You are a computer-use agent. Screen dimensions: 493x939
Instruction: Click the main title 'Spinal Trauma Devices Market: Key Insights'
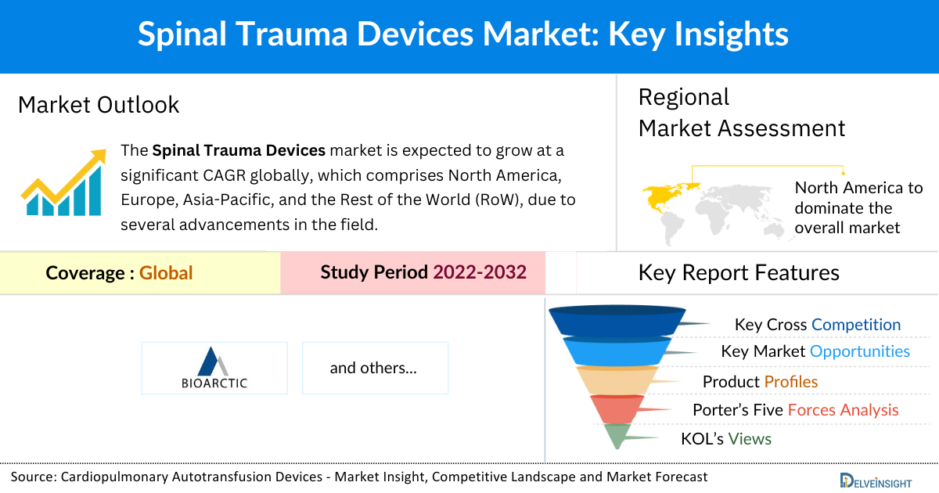(463, 35)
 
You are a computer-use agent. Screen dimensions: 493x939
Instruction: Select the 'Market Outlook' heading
(99, 105)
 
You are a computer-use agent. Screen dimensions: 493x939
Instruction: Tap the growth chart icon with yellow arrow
(63, 183)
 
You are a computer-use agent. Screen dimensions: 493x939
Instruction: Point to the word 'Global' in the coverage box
(166, 273)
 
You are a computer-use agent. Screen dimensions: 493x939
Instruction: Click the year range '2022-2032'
(480, 272)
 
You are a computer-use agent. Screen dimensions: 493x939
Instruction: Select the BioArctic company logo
(214, 368)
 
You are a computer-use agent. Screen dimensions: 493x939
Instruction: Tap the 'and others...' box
(374, 368)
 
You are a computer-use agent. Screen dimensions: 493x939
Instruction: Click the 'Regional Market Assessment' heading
(740, 113)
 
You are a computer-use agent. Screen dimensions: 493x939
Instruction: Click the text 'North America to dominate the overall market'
(858, 207)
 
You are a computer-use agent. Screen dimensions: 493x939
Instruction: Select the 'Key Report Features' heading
(738, 272)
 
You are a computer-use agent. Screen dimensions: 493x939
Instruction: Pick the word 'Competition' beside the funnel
(856, 325)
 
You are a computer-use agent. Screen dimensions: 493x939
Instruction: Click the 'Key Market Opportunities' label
(815, 351)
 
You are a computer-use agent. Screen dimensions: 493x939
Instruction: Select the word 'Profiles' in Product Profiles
(791, 382)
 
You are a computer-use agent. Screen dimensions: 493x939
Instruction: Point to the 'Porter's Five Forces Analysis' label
(795, 410)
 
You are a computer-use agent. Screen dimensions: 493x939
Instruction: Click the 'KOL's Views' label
(725, 439)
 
